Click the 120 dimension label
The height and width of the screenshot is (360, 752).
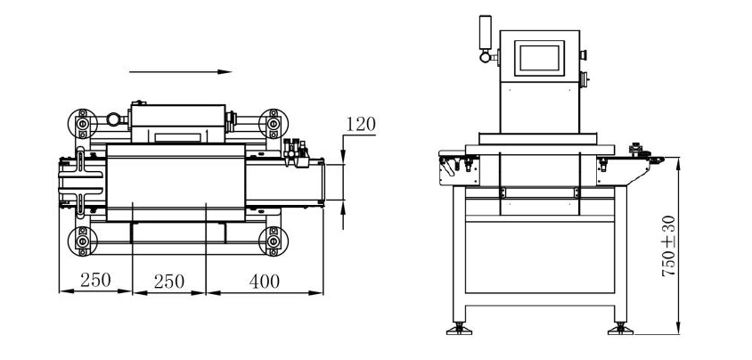click(x=360, y=124)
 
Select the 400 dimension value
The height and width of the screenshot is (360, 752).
click(x=264, y=281)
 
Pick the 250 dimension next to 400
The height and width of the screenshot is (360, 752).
click(x=168, y=281)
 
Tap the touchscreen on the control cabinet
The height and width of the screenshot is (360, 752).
click(x=542, y=57)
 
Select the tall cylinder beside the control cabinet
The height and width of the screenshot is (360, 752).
click(x=486, y=32)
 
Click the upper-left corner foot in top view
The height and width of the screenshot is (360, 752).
click(x=83, y=120)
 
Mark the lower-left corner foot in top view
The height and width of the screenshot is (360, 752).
click(x=83, y=240)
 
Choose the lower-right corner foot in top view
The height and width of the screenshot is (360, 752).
click(x=271, y=240)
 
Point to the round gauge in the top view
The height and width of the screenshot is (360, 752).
click(x=113, y=119)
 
